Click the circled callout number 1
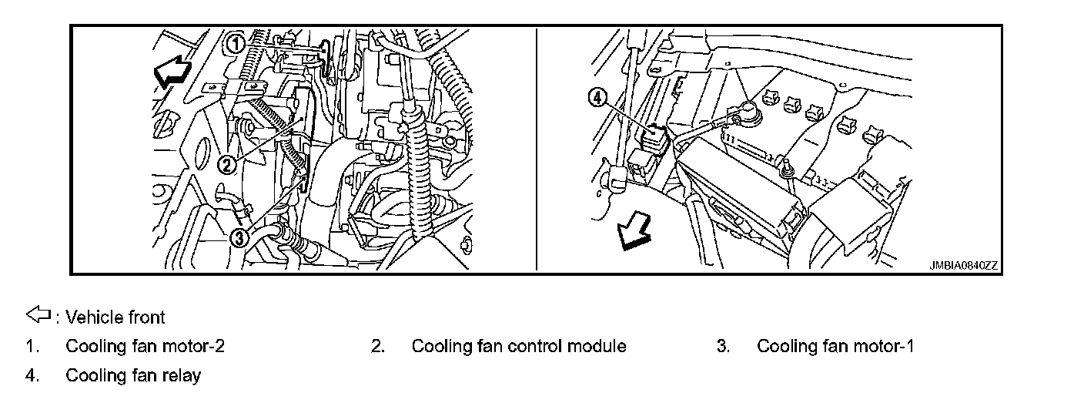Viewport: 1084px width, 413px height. (234, 42)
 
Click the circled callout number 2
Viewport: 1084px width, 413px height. (226, 163)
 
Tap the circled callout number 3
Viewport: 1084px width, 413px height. (239, 238)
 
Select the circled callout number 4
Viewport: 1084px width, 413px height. (597, 97)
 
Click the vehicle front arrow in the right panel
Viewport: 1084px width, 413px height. (635, 232)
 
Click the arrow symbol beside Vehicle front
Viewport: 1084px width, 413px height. (38, 315)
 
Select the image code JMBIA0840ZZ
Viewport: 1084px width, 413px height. (963, 265)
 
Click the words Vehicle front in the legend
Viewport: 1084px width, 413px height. (115, 317)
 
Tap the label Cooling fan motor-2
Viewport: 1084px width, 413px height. (145, 347)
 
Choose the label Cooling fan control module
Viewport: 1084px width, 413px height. (518, 347)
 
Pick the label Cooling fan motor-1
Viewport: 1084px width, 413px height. (835, 347)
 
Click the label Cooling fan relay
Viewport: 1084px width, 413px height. (133, 376)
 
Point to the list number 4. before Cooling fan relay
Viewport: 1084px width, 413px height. (32, 376)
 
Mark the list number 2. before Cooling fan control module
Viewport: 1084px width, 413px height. (377, 347)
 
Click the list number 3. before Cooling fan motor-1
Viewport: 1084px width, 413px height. (723, 347)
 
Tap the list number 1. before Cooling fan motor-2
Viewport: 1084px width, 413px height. (32, 347)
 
